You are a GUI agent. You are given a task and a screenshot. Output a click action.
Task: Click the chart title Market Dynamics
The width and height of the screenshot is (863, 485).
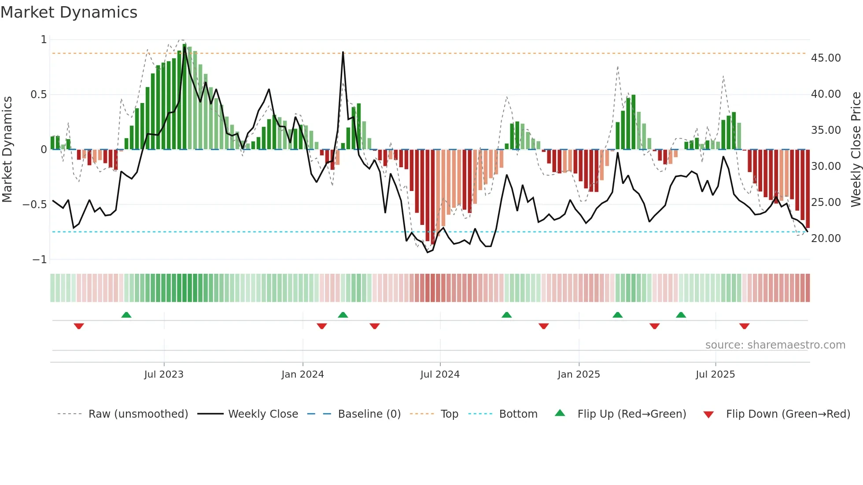(x=69, y=12)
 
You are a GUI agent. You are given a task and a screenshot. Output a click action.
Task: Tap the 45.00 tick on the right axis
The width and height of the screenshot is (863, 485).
(x=826, y=58)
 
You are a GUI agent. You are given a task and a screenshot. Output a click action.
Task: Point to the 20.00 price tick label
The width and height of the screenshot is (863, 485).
(x=826, y=239)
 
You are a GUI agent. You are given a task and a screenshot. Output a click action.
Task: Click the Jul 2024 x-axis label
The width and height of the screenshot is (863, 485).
(x=440, y=375)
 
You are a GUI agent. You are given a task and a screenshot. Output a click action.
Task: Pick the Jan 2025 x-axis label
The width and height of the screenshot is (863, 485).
(x=579, y=375)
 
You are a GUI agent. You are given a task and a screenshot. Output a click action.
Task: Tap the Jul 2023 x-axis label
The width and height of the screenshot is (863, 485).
(x=164, y=375)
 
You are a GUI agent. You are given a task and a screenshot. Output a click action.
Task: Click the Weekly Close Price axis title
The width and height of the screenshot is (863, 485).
(x=856, y=150)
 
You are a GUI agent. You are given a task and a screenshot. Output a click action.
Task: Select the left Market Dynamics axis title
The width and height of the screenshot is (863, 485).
(x=7, y=150)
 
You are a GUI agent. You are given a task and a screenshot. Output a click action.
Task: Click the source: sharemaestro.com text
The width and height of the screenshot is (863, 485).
(x=775, y=345)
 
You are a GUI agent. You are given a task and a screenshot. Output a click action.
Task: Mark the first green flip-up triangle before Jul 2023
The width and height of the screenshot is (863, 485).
(x=126, y=315)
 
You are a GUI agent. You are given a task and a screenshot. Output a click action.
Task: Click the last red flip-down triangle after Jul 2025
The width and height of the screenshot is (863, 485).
(x=744, y=326)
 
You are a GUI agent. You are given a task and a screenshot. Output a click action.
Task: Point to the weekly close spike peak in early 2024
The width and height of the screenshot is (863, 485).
(x=343, y=52)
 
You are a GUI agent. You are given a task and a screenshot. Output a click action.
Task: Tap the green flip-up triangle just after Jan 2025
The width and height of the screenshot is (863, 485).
(x=617, y=315)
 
